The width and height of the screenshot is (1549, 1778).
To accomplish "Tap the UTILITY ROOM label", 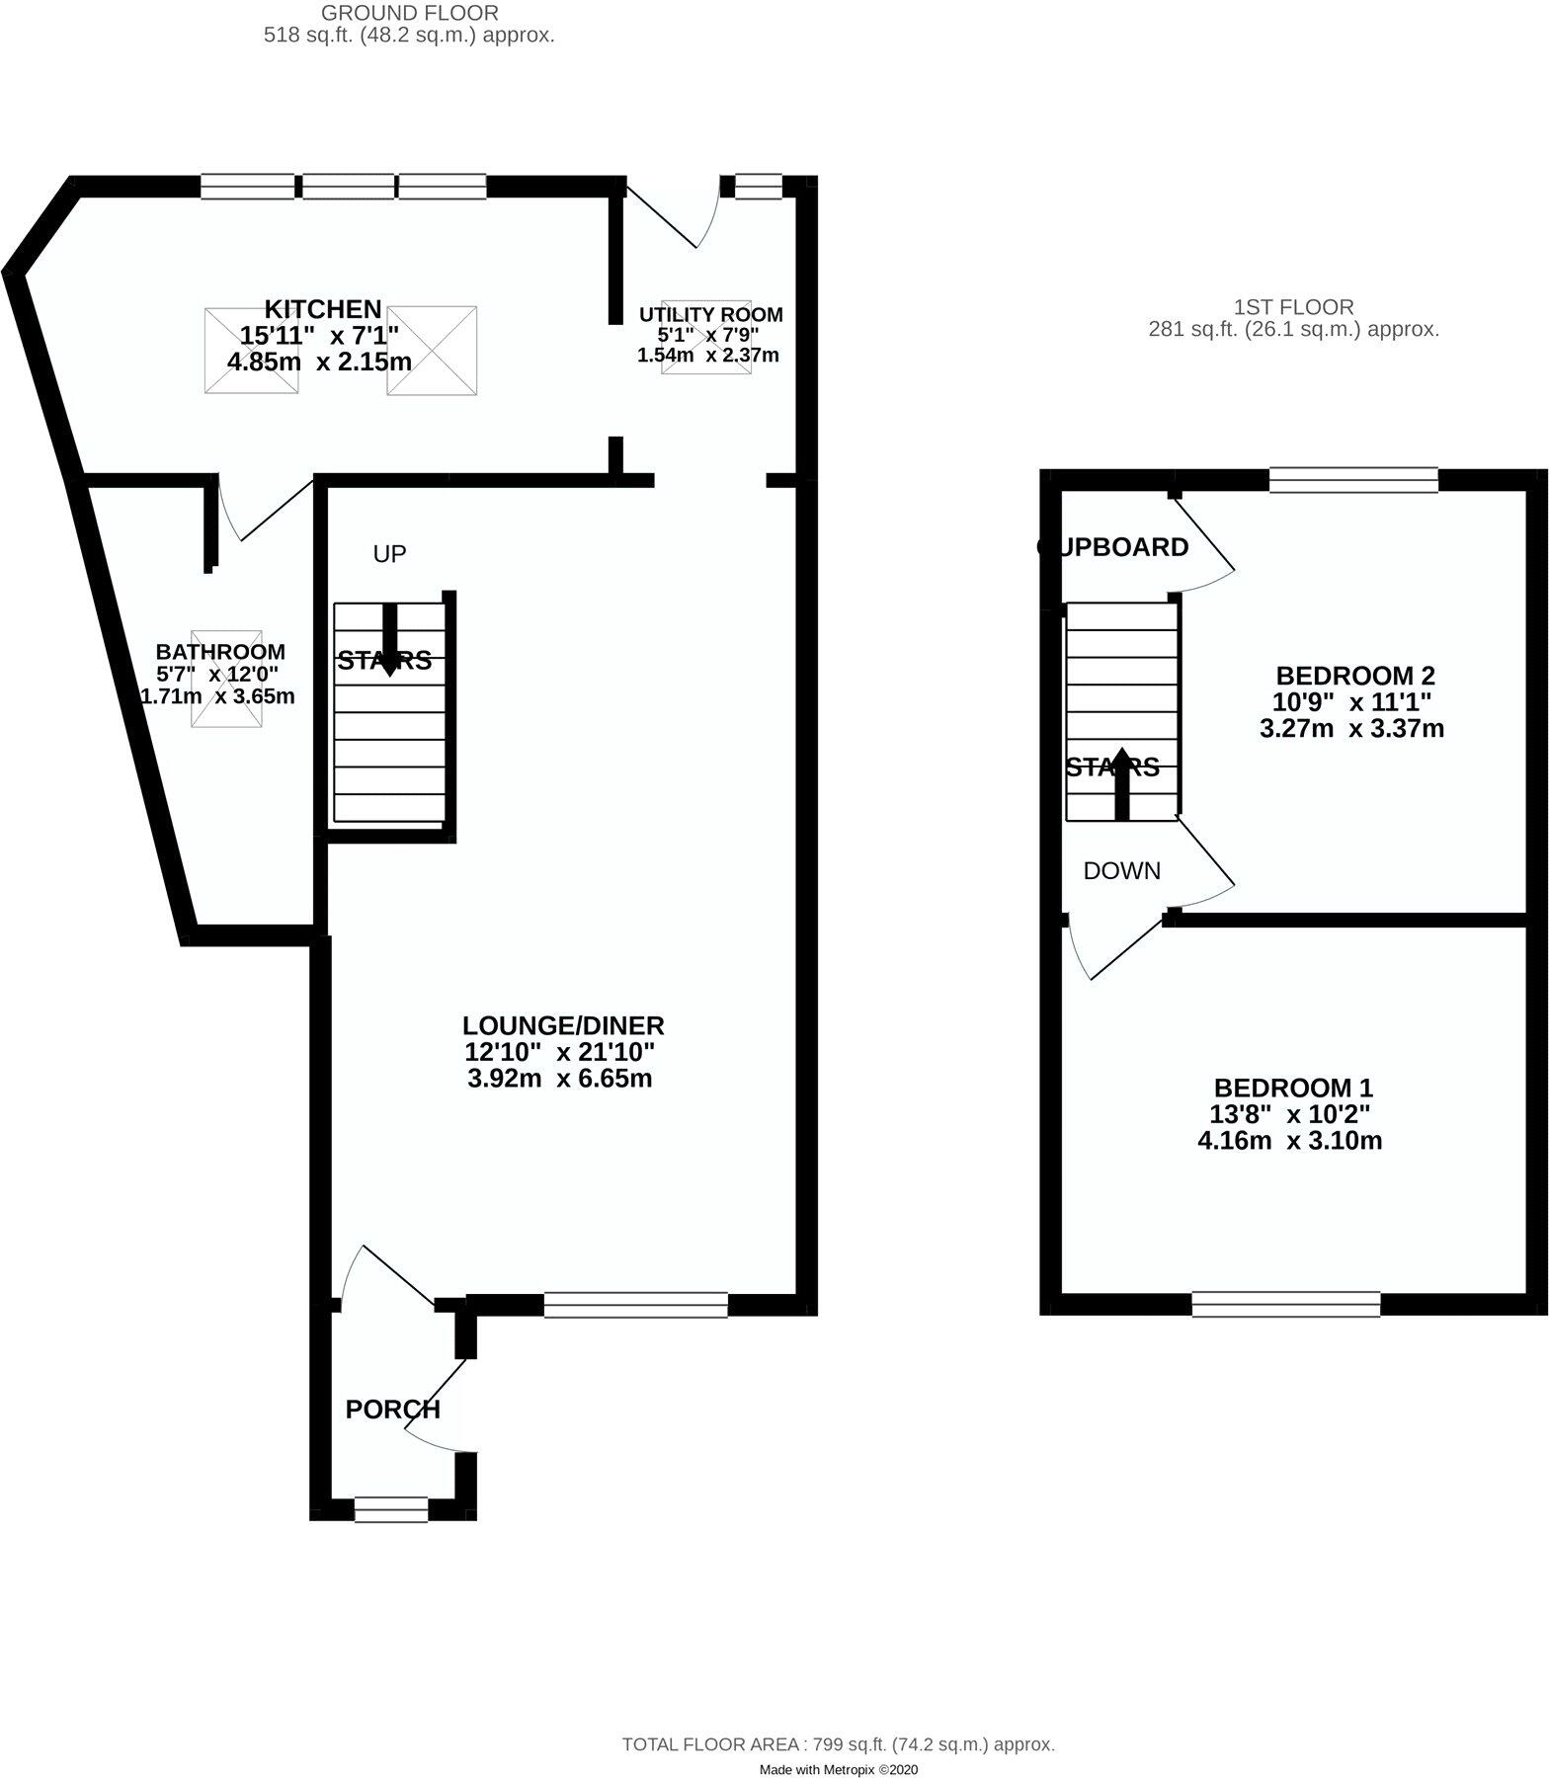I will pyautogui.click(x=710, y=315).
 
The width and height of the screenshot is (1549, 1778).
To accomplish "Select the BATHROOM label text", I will pyautogui.click(x=220, y=652).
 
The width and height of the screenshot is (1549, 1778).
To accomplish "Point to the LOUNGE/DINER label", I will pyautogui.click(x=564, y=1025).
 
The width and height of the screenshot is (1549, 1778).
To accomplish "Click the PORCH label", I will pyautogui.click(x=392, y=1410).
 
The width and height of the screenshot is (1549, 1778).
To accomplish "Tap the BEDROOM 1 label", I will pyautogui.click(x=1293, y=1089).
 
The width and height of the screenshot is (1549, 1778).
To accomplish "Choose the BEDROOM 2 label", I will pyautogui.click(x=1355, y=677).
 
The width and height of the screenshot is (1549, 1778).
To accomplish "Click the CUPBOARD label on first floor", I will pyautogui.click(x=1112, y=547).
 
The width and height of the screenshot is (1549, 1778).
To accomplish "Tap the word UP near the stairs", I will pyautogui.click(x=389, y=554).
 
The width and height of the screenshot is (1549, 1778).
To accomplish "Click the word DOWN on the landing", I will pyautogui.click(x=1121, y=871).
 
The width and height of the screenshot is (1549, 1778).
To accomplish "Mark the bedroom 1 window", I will pyautogui.click(x=1285, y=1304).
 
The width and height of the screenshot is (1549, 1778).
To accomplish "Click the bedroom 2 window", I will pyautogui.click(x=1353, y=480).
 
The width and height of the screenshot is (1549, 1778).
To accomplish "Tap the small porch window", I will pyautogui.click(x=391, y=1509).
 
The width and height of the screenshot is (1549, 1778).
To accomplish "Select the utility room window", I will pyautogui.click(x=759, y=186).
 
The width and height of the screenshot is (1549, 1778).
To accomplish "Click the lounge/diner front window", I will pyautogui.click(x=635, y=1305).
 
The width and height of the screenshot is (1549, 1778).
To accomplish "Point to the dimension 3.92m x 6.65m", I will pyautogui.click(x=559, y=1079).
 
